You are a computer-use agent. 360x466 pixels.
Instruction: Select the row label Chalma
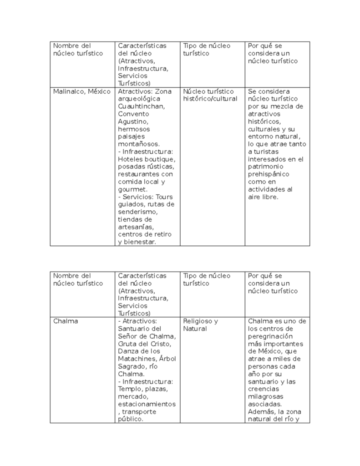point(66,321)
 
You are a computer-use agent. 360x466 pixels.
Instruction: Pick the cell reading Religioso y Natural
point(200,325)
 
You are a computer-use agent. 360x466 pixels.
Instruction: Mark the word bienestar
point(139,242)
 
